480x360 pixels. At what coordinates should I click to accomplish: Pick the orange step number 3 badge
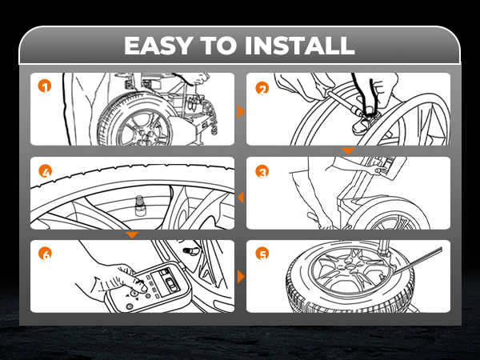pos(261,170)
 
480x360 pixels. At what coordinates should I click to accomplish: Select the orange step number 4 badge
pos(45,170)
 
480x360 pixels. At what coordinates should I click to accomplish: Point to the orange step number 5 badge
pos(261,254)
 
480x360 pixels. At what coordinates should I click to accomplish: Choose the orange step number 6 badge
pos(45,254)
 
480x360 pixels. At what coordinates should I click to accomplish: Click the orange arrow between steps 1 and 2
pos(240,112)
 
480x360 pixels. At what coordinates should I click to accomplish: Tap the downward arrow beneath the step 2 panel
pos(347,150)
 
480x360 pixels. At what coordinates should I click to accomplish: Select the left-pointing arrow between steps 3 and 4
pos(240,196)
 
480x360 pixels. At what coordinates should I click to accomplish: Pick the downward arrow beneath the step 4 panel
pos(133,234)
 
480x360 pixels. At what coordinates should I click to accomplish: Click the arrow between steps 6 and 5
pos(240,277)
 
